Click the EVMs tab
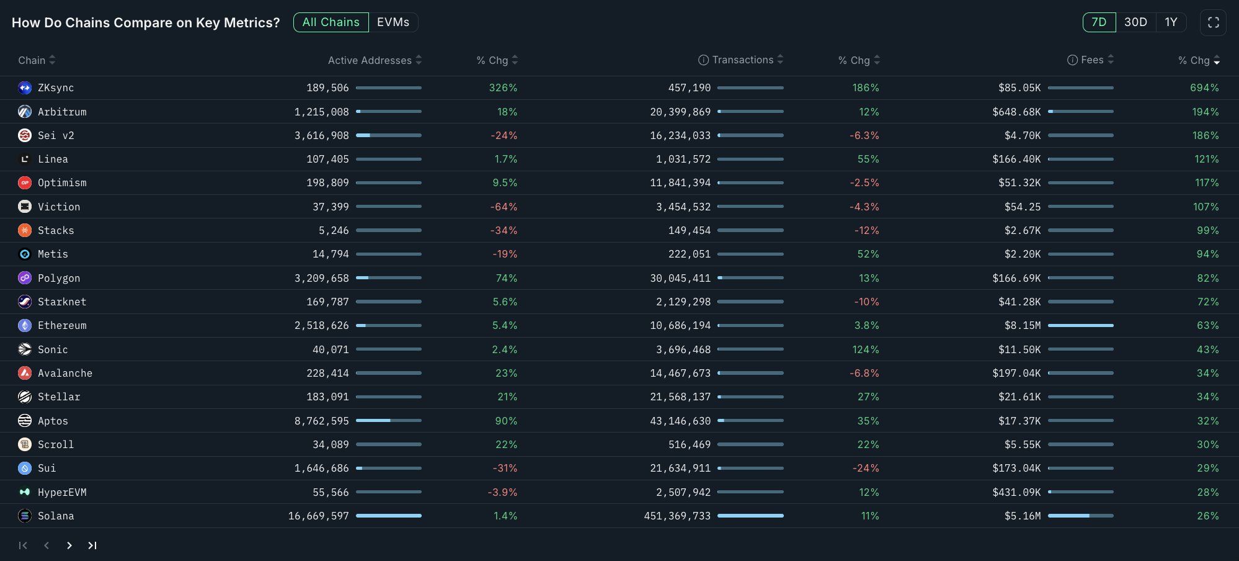(x=393, y=22)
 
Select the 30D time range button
(x=1135, y=22)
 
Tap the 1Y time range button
(x=1171, y=22)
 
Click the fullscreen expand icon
(x=1213, y=22)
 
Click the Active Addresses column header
(x=370, y=60)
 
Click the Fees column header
(x=1091, y=60)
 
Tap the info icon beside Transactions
(x=703, y=60)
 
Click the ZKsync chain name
(x=56, y=88)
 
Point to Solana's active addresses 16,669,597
(x=318, y=516)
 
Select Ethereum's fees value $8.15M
(x=1022, y=325)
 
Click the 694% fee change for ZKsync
(x=1204, y=88)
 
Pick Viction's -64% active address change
(x=504, y=207)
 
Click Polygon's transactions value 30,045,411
(x=680, y=278)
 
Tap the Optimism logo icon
(x=25, y=183)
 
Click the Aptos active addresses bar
(x=388, y=421)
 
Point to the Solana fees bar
(x=1080, y=516)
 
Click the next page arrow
(x=69, y=545)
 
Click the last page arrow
(x=92, y=545)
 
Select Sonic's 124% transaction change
(x=865, y=349)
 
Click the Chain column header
(x=32, y=60)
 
